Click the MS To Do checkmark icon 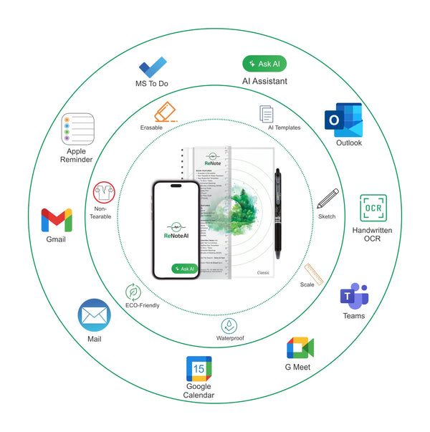153,68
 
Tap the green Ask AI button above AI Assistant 264,63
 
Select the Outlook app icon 343,120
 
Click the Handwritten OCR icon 373,208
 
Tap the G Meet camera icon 300,348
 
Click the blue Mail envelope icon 95,315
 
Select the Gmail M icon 57,220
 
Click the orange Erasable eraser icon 165,112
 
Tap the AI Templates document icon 267,113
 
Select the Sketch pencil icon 328,198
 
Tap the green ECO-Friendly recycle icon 133,292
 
